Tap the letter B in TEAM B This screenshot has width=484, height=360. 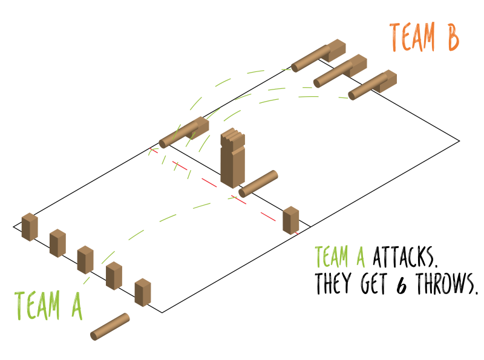pyautogui.click(x=451, y=38)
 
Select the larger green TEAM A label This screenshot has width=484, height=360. pyautogui.click(x=48, y=305)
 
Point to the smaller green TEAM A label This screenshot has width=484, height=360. pyautogui.click(x=339, y=257)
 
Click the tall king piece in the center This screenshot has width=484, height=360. pyautogui.click(x=232, y=159)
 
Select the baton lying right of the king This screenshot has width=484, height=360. pyautogui.click(x=258, y=183)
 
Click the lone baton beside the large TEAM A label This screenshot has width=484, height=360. pyautogui.click(x=110, y=326)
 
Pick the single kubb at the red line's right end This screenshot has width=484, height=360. pyautogui.click(x=291, y=220)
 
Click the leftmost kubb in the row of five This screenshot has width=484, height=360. pyautogui.click(x=30, y=227)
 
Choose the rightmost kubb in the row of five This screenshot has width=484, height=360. pyautogui.click(x=143, y=292)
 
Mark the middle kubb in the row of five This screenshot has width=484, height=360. pyautogui.click(x=85, y=260)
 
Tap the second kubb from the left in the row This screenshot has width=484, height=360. pyautogui.click(x=57, y=243)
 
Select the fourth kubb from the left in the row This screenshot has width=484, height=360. pyautogui.click(x=114, y=276)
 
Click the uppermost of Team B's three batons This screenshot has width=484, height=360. pyautogui.click(x=318, y=56)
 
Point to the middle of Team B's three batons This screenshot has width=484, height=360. pyautogui.click(x=340, y=71)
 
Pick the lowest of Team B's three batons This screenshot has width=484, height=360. pyautogui.click(x=372, y=85)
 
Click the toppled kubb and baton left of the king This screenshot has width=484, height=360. pyautogui.click(x=185, y=133)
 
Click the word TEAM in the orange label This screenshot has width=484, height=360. pyautogui.click(x=413, y=38)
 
